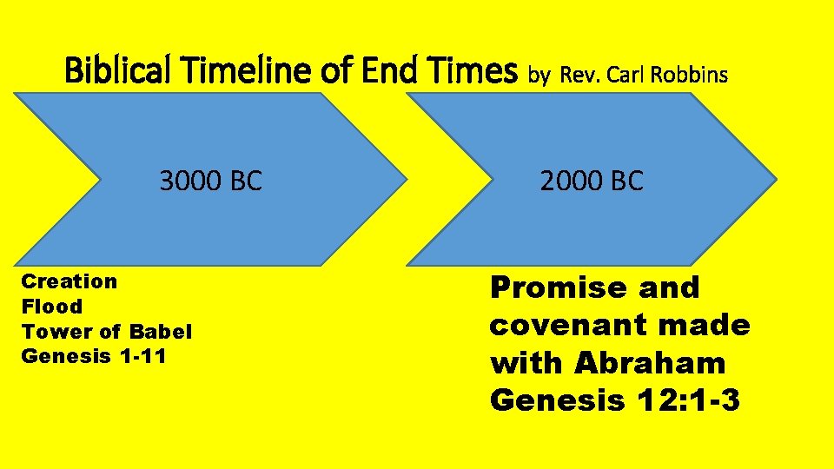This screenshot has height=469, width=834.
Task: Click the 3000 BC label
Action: tap(210, 181)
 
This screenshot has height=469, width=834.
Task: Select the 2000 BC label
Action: tap(592, 181)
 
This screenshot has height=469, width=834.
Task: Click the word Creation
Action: tap(69, 281)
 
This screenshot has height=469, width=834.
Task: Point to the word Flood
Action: tap(52, 307)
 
